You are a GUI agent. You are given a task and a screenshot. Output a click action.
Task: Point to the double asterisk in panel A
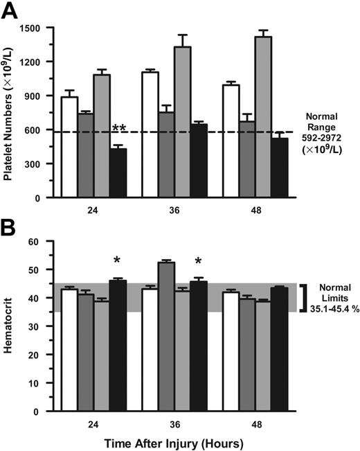(119, 128)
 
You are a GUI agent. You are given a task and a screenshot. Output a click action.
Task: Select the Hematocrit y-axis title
(10, 326)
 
